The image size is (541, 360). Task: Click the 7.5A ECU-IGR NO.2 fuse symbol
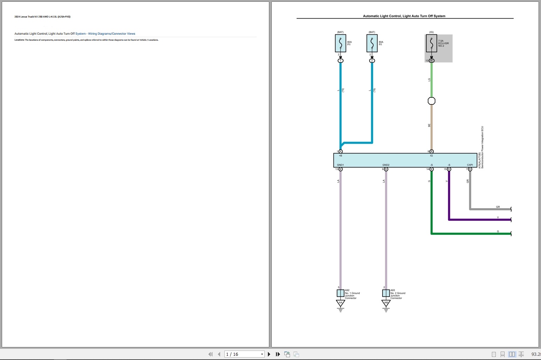[x=431, y=43]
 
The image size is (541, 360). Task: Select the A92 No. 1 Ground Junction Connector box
[x=340, y=293]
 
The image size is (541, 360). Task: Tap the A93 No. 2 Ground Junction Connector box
[x=386, y=293]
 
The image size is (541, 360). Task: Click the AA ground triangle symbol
[x=340, y=303]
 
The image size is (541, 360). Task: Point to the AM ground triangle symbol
[x=386, y=303]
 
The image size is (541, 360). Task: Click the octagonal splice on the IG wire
[x=432, y=101]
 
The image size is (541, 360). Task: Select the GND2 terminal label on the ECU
[x=386, y=165]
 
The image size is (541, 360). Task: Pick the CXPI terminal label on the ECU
[x=470, y=165]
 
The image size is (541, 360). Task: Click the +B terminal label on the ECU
[x=340, y=156]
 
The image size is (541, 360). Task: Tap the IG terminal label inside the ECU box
[x=431, y=156]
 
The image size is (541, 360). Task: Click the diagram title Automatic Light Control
[x=404, y=16]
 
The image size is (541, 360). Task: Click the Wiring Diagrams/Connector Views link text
[x=111, y=34]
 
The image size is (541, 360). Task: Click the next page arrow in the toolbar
[x=269, y=354]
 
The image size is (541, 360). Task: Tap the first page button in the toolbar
[x=210, y=354]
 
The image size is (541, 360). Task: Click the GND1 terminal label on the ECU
[x=340, y=165]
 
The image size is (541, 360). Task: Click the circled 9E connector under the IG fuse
[x=432, y=61]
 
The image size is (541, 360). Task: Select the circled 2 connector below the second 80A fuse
[x=372, y=61]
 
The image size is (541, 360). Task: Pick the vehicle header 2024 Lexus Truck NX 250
[x=42, y=17]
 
